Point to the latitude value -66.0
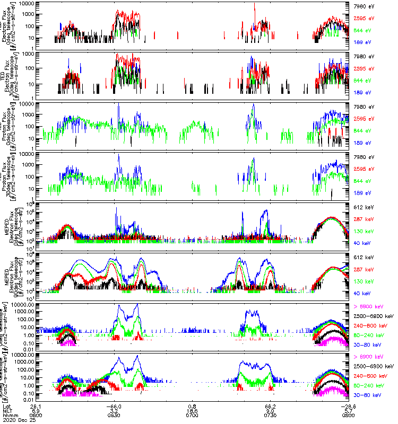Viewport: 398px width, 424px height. pyautogui.click(x=117, y=406)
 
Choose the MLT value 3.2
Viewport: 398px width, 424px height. pyautogui.click(x=118, y=411)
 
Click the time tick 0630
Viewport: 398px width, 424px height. pyautogui.click(x=117, y=416)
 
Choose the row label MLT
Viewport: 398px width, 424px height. pyautogui.click(x=8, y=411)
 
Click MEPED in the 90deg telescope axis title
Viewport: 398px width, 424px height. pyautogui.click(x=5, y=276)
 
